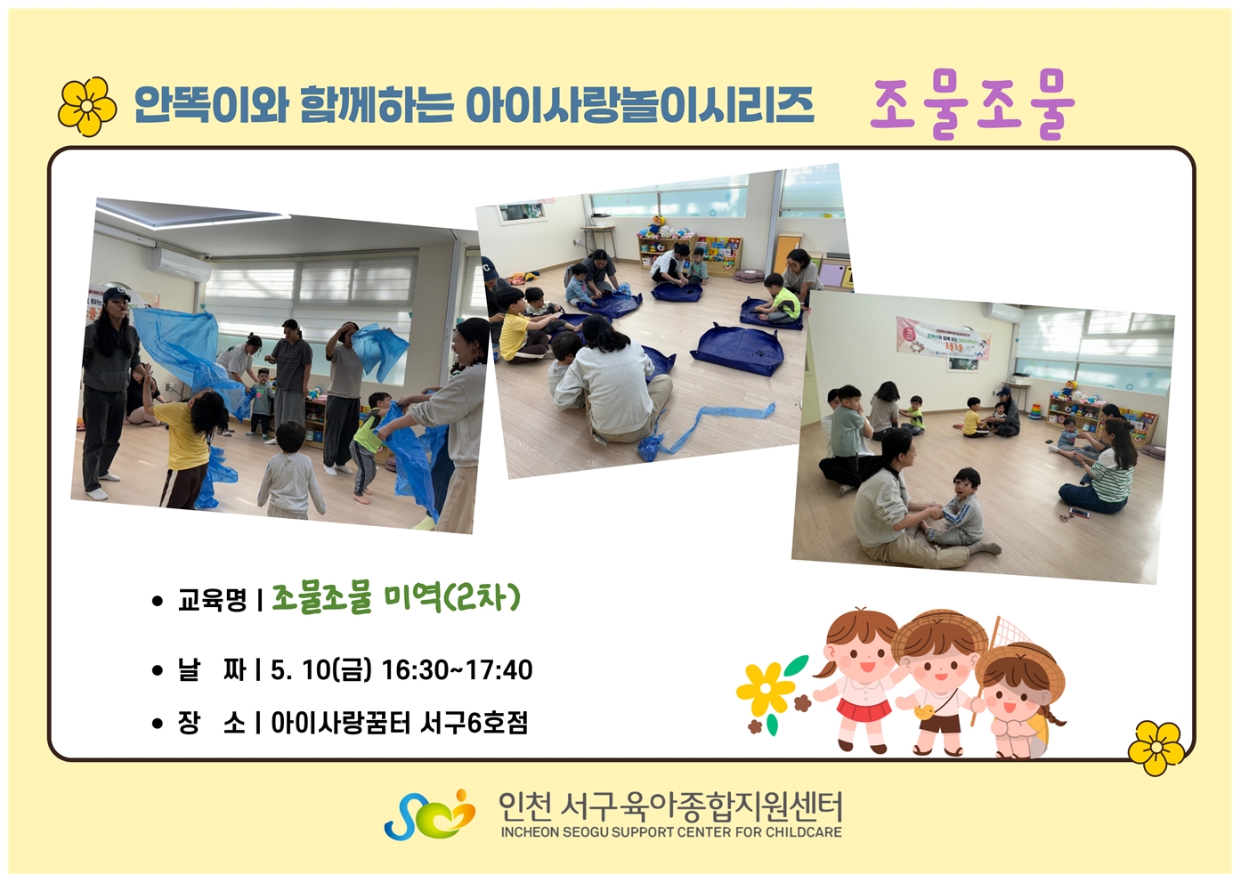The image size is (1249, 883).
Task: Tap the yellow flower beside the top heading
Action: click(87, 106)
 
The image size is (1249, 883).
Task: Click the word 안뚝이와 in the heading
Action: click(211, 105)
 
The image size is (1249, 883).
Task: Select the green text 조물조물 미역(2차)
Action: click(396, 599)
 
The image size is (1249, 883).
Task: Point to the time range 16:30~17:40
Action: click(458, 669)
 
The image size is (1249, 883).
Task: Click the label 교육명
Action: click(212, 600)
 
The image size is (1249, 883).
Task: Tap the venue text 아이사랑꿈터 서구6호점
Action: click(399, 723)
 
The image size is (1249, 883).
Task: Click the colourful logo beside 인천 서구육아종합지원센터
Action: click(429, 814)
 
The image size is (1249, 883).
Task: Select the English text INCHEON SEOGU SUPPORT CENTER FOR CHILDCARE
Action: click(671, 832)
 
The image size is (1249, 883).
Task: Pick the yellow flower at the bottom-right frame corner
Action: click(1156, 747)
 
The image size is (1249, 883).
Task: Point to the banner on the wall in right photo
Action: click(943, 338)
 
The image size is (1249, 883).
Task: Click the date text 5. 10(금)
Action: click(321, 669)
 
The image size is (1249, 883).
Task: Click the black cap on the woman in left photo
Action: click(116, 294)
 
